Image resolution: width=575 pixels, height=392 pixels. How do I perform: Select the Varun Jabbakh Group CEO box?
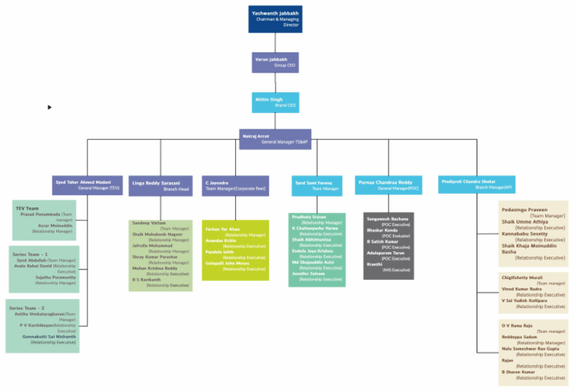click(x=275, y=62)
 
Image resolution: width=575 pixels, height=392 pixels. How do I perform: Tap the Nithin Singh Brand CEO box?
click(x=275, y=102)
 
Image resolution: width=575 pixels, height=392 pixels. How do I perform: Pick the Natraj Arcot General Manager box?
click(x=275, y=139)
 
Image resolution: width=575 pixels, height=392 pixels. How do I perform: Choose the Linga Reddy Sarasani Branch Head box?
click(x=160, y=186)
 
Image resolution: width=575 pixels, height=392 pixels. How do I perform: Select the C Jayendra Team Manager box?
click(x=234, y=185)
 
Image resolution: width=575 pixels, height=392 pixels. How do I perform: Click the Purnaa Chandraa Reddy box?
click(x=387, y=185)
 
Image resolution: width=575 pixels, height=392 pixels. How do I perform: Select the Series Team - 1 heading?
click(x=31, y=254)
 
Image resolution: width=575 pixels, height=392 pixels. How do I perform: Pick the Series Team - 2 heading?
click(x=27, y=308)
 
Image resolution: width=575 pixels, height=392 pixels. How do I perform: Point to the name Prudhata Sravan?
click(x=308, y=217)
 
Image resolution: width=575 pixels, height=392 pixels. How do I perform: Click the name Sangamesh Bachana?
click(x=387, y=218)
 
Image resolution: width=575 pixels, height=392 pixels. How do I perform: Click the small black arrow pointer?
click(x=50, y=107)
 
